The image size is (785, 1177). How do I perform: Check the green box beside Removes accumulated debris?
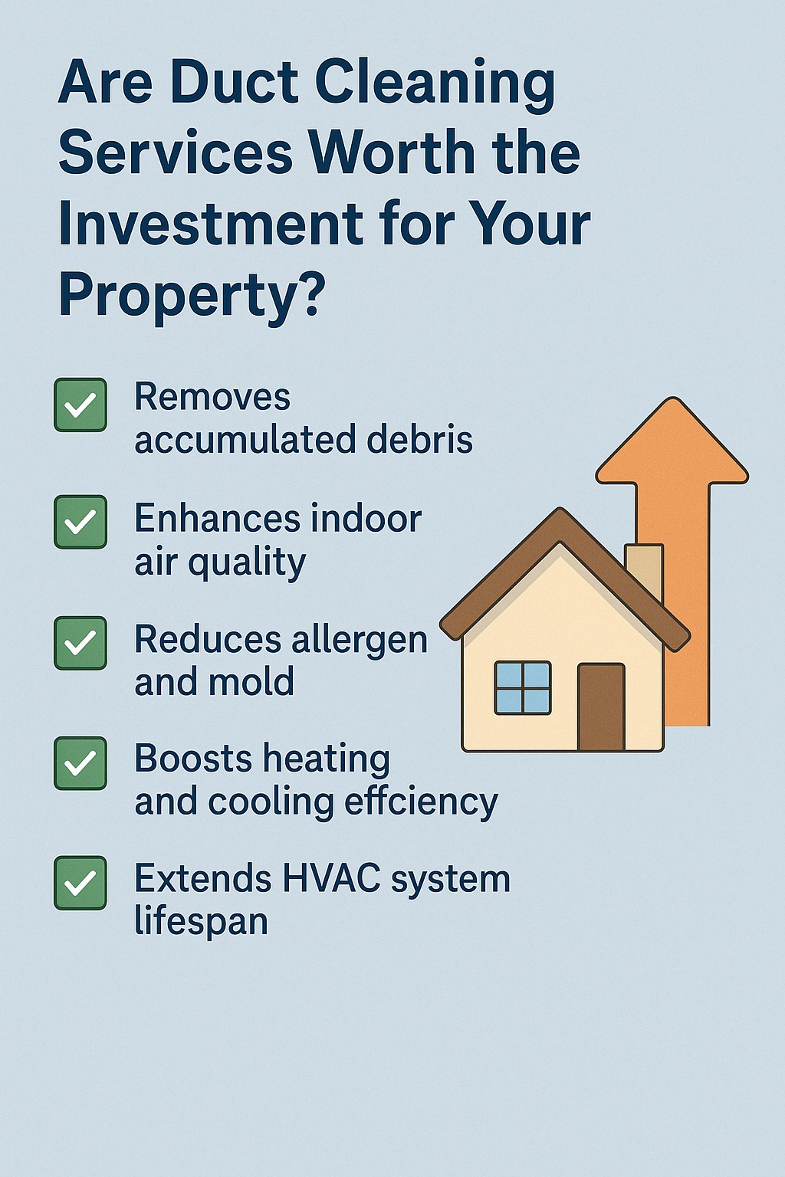(80, 405)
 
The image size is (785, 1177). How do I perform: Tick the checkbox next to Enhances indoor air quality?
(80, 522)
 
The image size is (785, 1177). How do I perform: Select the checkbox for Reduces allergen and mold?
(80, 643)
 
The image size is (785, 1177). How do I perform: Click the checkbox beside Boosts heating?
(80, 763)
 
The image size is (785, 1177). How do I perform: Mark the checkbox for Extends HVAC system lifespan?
(80, 883)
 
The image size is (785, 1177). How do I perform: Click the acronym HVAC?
(331, 878)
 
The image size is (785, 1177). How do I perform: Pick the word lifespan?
(202, 922)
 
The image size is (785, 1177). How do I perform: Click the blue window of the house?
(523, 688)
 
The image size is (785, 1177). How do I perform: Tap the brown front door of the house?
(601, 707)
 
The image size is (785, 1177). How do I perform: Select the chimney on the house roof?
(644, 570)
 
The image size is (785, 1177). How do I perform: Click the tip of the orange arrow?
(672, 398)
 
